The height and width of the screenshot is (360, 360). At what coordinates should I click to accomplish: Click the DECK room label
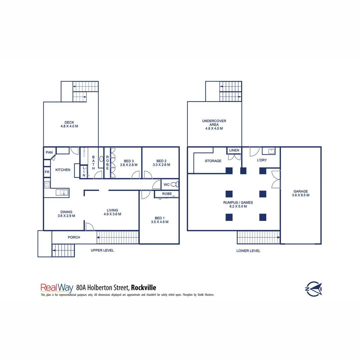point(69,122)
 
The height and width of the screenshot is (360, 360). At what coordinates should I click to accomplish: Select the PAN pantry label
point(49,152)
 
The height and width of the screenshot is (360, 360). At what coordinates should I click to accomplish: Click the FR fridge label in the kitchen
point(47,172)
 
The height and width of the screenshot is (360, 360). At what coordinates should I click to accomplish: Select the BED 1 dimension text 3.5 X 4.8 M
point(160,222)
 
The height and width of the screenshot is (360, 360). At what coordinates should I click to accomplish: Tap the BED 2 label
point(161,161)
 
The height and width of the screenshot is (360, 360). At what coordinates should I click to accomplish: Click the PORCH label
point(74,237)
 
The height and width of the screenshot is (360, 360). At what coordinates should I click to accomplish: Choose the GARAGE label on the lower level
point(301,191)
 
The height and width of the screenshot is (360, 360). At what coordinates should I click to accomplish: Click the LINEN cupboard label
point(234,150)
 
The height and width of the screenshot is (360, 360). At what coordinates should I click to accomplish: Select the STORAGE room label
point(213,161)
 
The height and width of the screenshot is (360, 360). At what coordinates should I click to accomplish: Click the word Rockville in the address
point(143,287)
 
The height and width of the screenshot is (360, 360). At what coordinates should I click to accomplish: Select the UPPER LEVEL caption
point(102,250)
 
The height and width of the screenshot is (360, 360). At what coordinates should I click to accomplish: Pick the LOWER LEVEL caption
point(248,251)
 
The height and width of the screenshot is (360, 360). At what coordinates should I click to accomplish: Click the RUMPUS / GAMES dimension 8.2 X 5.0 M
point(238,207)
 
